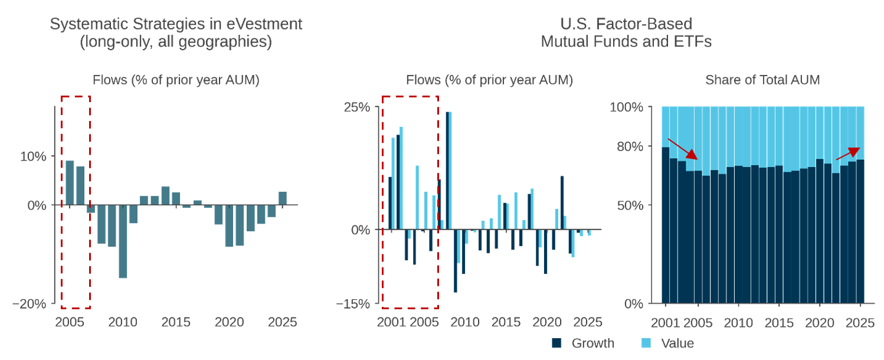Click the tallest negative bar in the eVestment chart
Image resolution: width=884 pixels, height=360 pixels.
(123, 241)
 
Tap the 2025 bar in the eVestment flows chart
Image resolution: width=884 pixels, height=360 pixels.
(283, 199)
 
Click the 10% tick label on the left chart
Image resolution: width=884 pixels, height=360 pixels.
(34, 156)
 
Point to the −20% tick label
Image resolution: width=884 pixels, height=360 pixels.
(30, 304)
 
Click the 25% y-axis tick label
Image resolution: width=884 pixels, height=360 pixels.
(358, 107)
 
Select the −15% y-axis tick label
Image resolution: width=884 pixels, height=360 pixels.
(353, 304)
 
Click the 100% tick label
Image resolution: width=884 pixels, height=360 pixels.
(627, 107)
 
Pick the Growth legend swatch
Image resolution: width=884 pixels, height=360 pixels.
(556, 343)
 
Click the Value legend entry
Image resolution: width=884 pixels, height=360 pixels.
(677, 343)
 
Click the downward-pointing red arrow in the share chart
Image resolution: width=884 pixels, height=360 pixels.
(683, 149)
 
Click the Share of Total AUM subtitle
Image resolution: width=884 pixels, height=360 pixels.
(762, 80)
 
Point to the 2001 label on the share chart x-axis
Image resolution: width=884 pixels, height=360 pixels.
(666, 323)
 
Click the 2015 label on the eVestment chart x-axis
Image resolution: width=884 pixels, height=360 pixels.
(176, 323)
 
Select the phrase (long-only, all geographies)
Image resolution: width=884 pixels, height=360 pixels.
(176, 42)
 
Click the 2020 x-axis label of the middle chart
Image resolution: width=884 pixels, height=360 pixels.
(546, 323)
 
